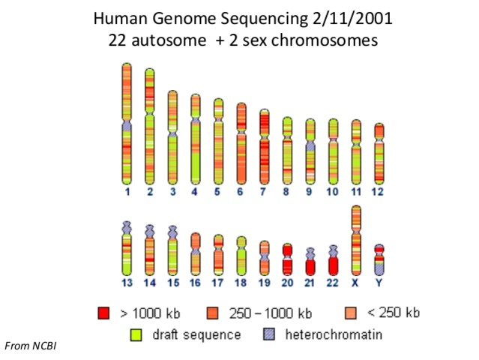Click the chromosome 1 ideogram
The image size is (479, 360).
tap(127, 124)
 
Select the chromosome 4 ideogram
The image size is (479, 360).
tap(196, 139)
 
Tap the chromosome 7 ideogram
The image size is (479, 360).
tap(264, 146)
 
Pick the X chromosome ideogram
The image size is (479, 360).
tap(356, 240)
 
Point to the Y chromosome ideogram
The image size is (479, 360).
tap(379, 259)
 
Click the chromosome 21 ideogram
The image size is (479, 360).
tap(310, 262)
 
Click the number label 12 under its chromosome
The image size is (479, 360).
tap(379, 193)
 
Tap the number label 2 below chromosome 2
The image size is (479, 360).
tap(150, 193)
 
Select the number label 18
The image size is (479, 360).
tap(241, 283)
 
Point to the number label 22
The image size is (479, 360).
tap(333, 283)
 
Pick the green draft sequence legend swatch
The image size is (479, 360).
tap(136, 334)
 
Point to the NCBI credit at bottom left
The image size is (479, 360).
tap(31, 346)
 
